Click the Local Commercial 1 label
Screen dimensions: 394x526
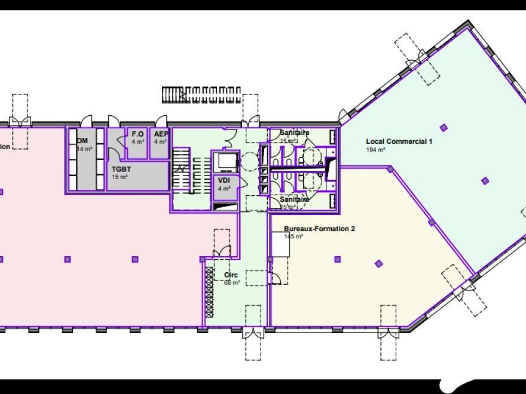[399, 141]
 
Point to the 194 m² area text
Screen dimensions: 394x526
[375, 150]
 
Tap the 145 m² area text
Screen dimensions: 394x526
[293, 236]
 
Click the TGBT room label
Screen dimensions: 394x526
[121, 169]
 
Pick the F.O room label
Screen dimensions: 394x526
[137, 134]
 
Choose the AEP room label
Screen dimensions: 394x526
[160, 134]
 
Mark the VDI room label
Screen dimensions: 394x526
[224, 180]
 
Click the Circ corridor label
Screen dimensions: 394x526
[231, 275]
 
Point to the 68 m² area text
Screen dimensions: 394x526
[231, 282]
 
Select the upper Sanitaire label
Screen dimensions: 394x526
[294, 133]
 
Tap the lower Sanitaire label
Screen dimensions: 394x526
[294, 199]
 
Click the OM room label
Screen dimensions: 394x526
[82, 141]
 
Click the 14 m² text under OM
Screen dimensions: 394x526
[84, 149]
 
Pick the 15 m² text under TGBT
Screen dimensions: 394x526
[120, 177]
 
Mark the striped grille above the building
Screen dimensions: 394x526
[201, 94]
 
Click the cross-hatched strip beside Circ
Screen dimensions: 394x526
[209, 289]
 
